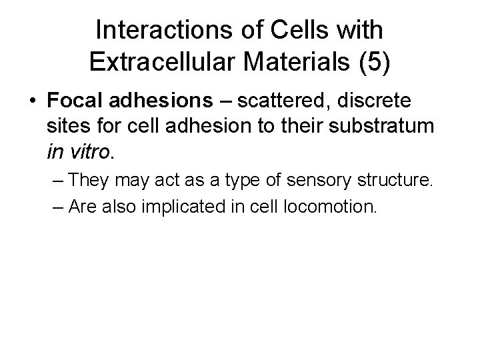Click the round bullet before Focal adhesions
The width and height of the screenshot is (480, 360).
click(x=33, y=102)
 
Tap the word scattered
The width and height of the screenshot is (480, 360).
click(x=283, y=102)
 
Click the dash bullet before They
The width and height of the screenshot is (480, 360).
click(x=57, y=180)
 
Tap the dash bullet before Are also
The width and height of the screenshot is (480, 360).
click(x=57, y=207)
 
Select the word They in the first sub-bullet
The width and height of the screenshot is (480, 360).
click(x=89, y=180)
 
